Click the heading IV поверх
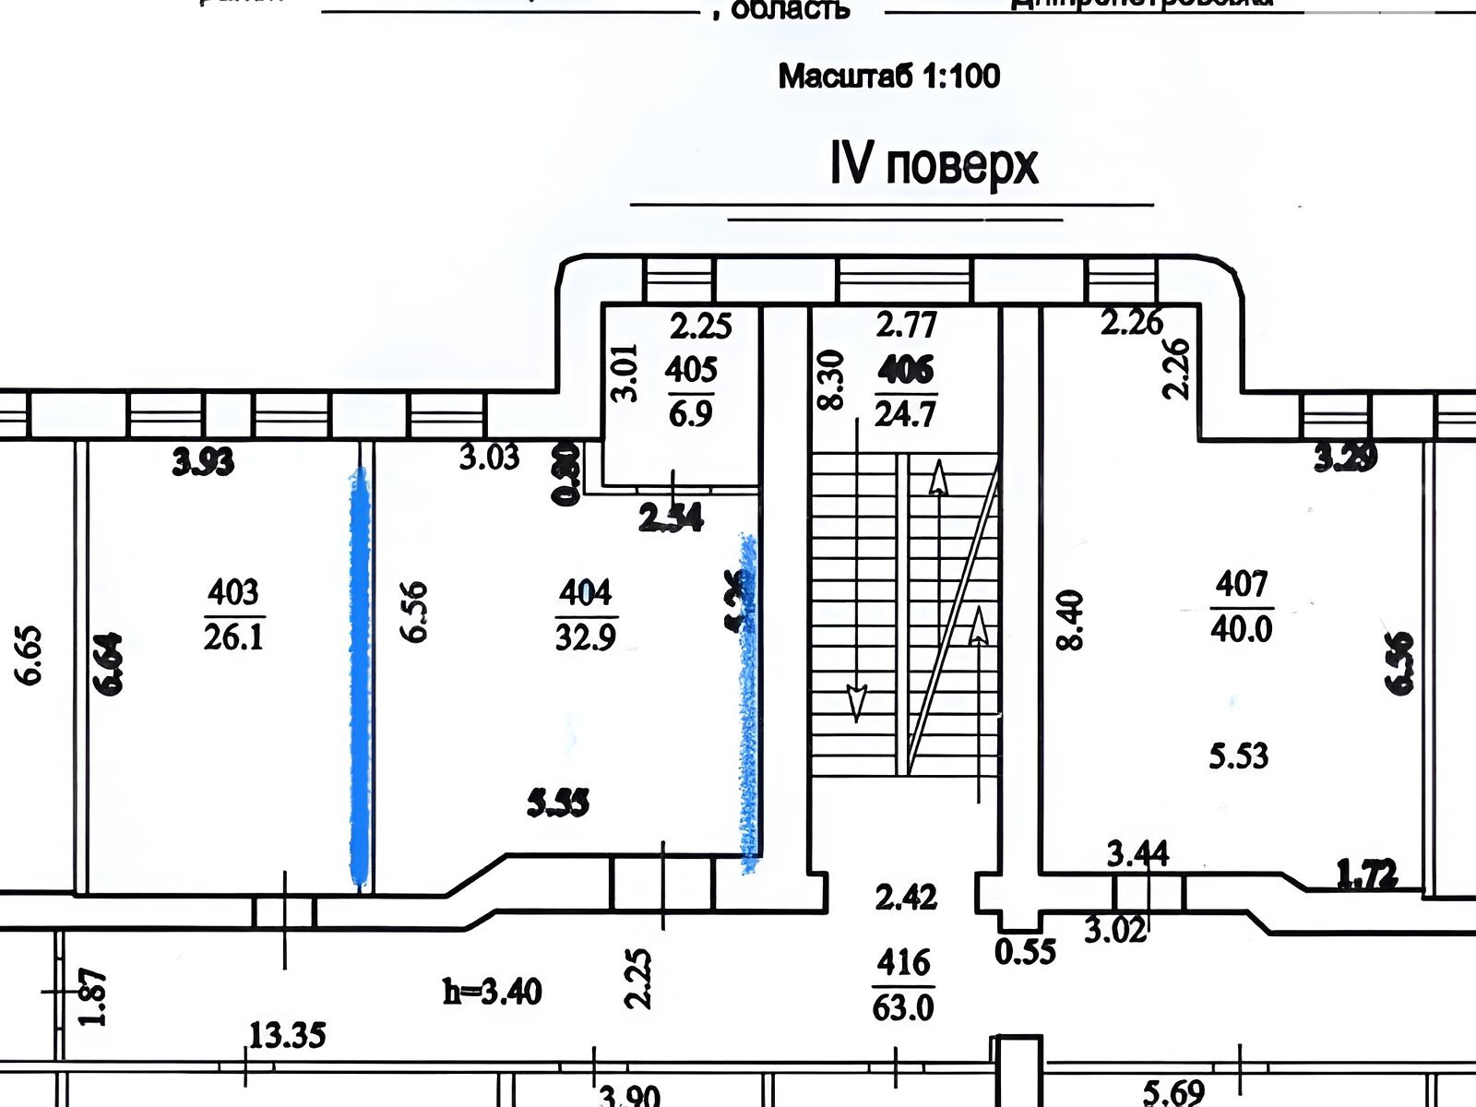click(x=934, y=166)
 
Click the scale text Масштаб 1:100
click(x=889, y=76)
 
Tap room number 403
click(x=233, y=590)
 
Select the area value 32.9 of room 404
click(x=586, y=637)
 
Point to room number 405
click(x=691, y=371)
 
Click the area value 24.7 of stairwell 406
click(x=905, y=412)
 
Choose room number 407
click(x=1242, y=584)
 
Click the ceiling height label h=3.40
click(x=493, y=993)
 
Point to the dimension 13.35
click(x=288, y=1036)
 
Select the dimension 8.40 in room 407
click(x=1070, y=621)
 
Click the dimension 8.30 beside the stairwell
click(x=831, y=378)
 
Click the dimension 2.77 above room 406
click(x=906, y=325)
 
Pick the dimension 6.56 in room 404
click(x=414, y=611)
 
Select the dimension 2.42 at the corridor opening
click(x=907, y=897)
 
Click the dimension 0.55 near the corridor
click(x=1025, y=951)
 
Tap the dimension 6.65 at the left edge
click(x=30, y=656)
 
